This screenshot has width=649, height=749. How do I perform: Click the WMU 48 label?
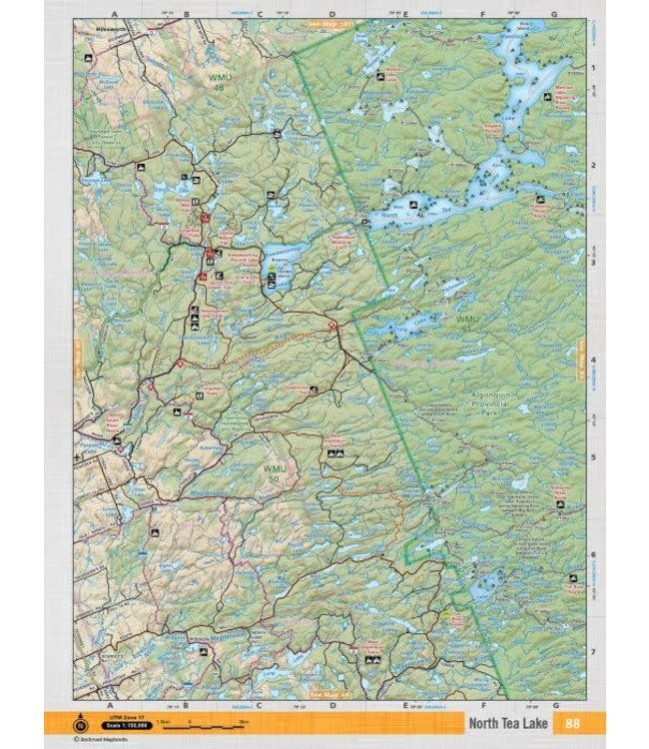(217, 82)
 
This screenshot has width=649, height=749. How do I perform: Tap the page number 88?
(572, 724)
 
